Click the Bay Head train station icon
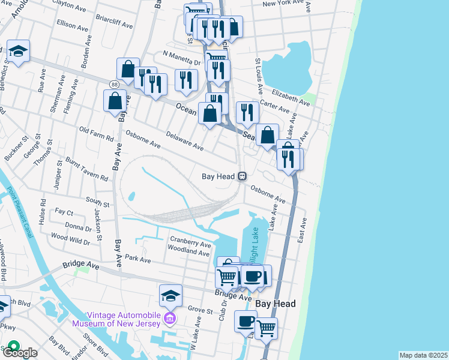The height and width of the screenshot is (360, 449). [x=243, y=176]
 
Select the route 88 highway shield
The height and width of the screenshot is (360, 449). [x=114, y=85]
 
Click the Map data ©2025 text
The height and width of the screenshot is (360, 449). [x=423, y=355]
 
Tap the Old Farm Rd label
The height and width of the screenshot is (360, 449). [x=96, y=133]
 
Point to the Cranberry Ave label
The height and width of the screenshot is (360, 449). [x=190, y=243]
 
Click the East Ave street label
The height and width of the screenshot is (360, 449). [x=303, y=229]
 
